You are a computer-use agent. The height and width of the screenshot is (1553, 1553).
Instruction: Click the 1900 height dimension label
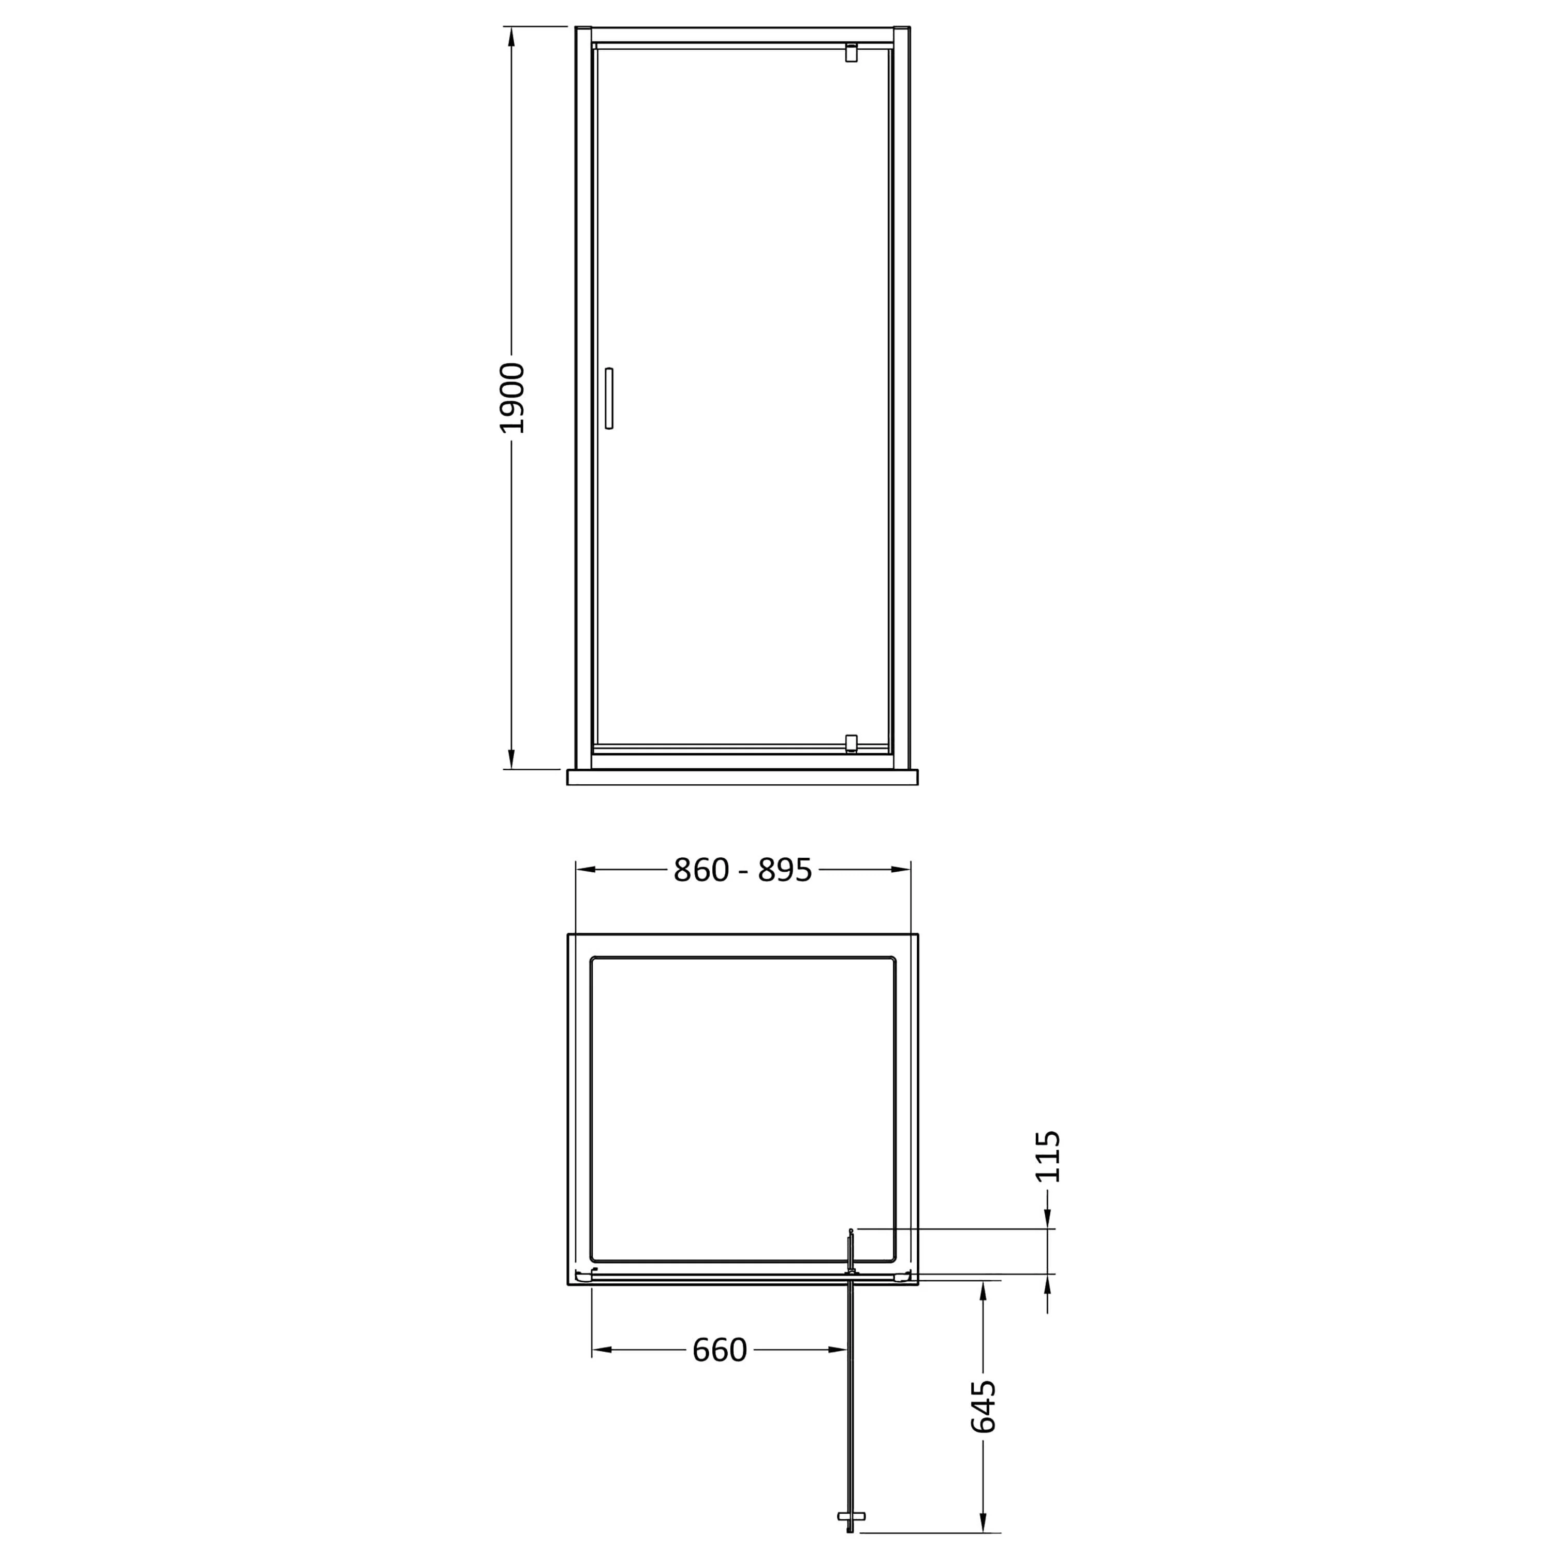[512, 398]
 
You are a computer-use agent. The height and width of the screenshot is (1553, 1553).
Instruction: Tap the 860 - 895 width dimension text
[743, 870]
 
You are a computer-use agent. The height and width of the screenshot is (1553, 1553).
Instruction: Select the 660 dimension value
[720, 1350]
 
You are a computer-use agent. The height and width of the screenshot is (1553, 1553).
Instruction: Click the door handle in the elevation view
[608, 398]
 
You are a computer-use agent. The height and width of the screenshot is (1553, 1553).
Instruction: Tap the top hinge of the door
[851, 53]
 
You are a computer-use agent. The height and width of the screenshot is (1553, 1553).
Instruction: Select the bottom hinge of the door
[851, 743]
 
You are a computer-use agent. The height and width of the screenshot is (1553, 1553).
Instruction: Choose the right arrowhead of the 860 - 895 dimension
[900, 870]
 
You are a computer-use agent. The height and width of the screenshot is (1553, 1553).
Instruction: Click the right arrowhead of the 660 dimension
[839, 1350]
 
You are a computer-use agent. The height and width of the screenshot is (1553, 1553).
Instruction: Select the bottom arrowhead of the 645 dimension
[983, 1521]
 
